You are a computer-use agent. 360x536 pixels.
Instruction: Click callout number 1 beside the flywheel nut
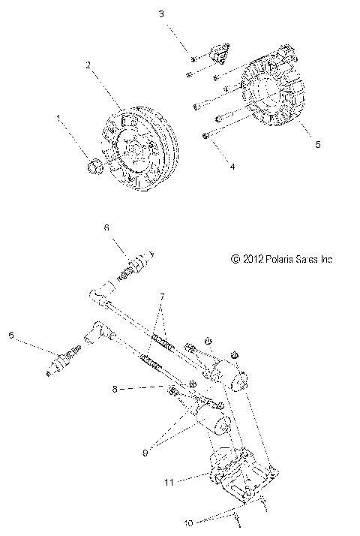tap(58, 118)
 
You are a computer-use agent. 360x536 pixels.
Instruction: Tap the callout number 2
tap(88, 65)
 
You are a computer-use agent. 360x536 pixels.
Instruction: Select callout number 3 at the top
tap(160, 14)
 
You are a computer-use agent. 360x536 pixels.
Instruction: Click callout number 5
tap(316, 144)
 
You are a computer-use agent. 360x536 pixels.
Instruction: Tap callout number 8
tap(113, 389)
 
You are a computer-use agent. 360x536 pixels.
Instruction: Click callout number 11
tap(170, 481)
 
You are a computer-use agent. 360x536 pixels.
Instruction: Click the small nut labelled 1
tap(94, 167)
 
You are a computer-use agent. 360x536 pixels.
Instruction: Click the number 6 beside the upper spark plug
tap(106, 226)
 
